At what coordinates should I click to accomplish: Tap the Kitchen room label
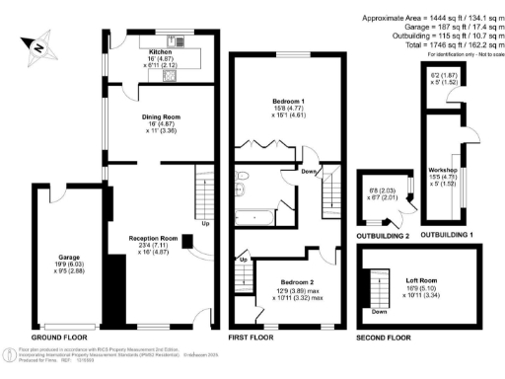(160, 51)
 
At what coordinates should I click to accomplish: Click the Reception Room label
(152, 238)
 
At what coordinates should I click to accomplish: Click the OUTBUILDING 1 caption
(447, 237)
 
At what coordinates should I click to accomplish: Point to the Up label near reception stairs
(205, 223)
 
